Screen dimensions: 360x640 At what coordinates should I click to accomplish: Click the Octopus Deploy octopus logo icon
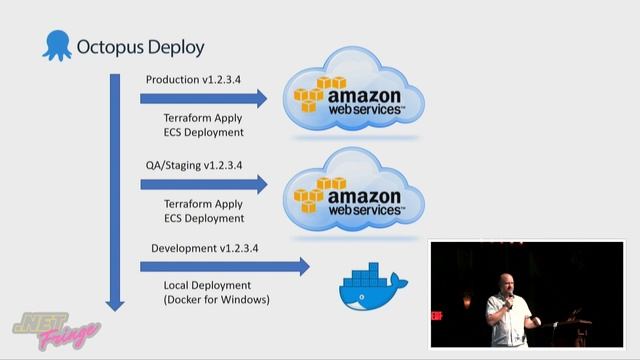point(58,46)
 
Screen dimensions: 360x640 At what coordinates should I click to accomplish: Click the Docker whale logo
point(371,286)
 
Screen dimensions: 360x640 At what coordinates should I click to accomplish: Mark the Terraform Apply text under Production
point(203,117)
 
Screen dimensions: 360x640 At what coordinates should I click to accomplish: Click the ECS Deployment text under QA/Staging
point(203,218)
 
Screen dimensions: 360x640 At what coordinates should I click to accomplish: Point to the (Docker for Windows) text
point(216,300)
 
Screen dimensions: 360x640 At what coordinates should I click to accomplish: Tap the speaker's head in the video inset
point(506,281)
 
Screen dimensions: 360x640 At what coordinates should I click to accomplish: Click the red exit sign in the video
point(437,316)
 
